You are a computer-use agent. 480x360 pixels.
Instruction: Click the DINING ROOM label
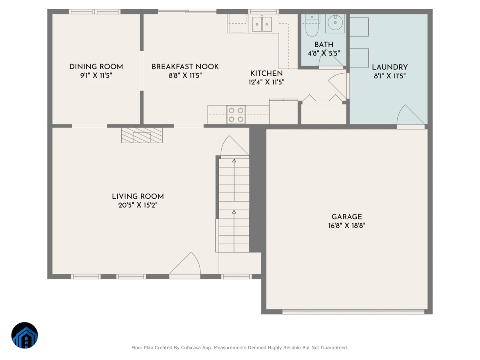[x=96, y=67]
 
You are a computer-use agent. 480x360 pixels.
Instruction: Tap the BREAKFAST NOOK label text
[x=185, y=67]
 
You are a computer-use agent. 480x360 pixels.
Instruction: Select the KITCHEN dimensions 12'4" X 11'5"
[x=266, y=82]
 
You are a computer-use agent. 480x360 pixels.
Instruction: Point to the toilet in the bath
[x=312, y=25]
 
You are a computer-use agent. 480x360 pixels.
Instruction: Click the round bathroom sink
[x=335, y=22]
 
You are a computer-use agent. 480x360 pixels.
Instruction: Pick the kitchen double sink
[x=262, y=24]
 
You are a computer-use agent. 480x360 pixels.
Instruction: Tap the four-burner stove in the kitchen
[x=236, y=115]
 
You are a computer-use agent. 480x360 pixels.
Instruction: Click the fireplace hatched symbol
[x=142, y=135]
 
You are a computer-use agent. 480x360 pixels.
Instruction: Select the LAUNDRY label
[x=390, y=67]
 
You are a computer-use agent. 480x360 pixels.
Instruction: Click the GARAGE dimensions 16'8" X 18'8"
[x=347, y=226]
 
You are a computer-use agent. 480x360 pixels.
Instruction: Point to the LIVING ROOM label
[x=138, y=196]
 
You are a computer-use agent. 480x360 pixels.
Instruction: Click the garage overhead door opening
[x=353, y=312]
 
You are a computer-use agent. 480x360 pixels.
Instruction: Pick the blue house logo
[x=24, y=335]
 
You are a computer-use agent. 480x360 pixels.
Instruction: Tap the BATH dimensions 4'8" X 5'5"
[x=324, y=53]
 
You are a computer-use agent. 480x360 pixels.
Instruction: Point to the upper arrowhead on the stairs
[x=234, y=161]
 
